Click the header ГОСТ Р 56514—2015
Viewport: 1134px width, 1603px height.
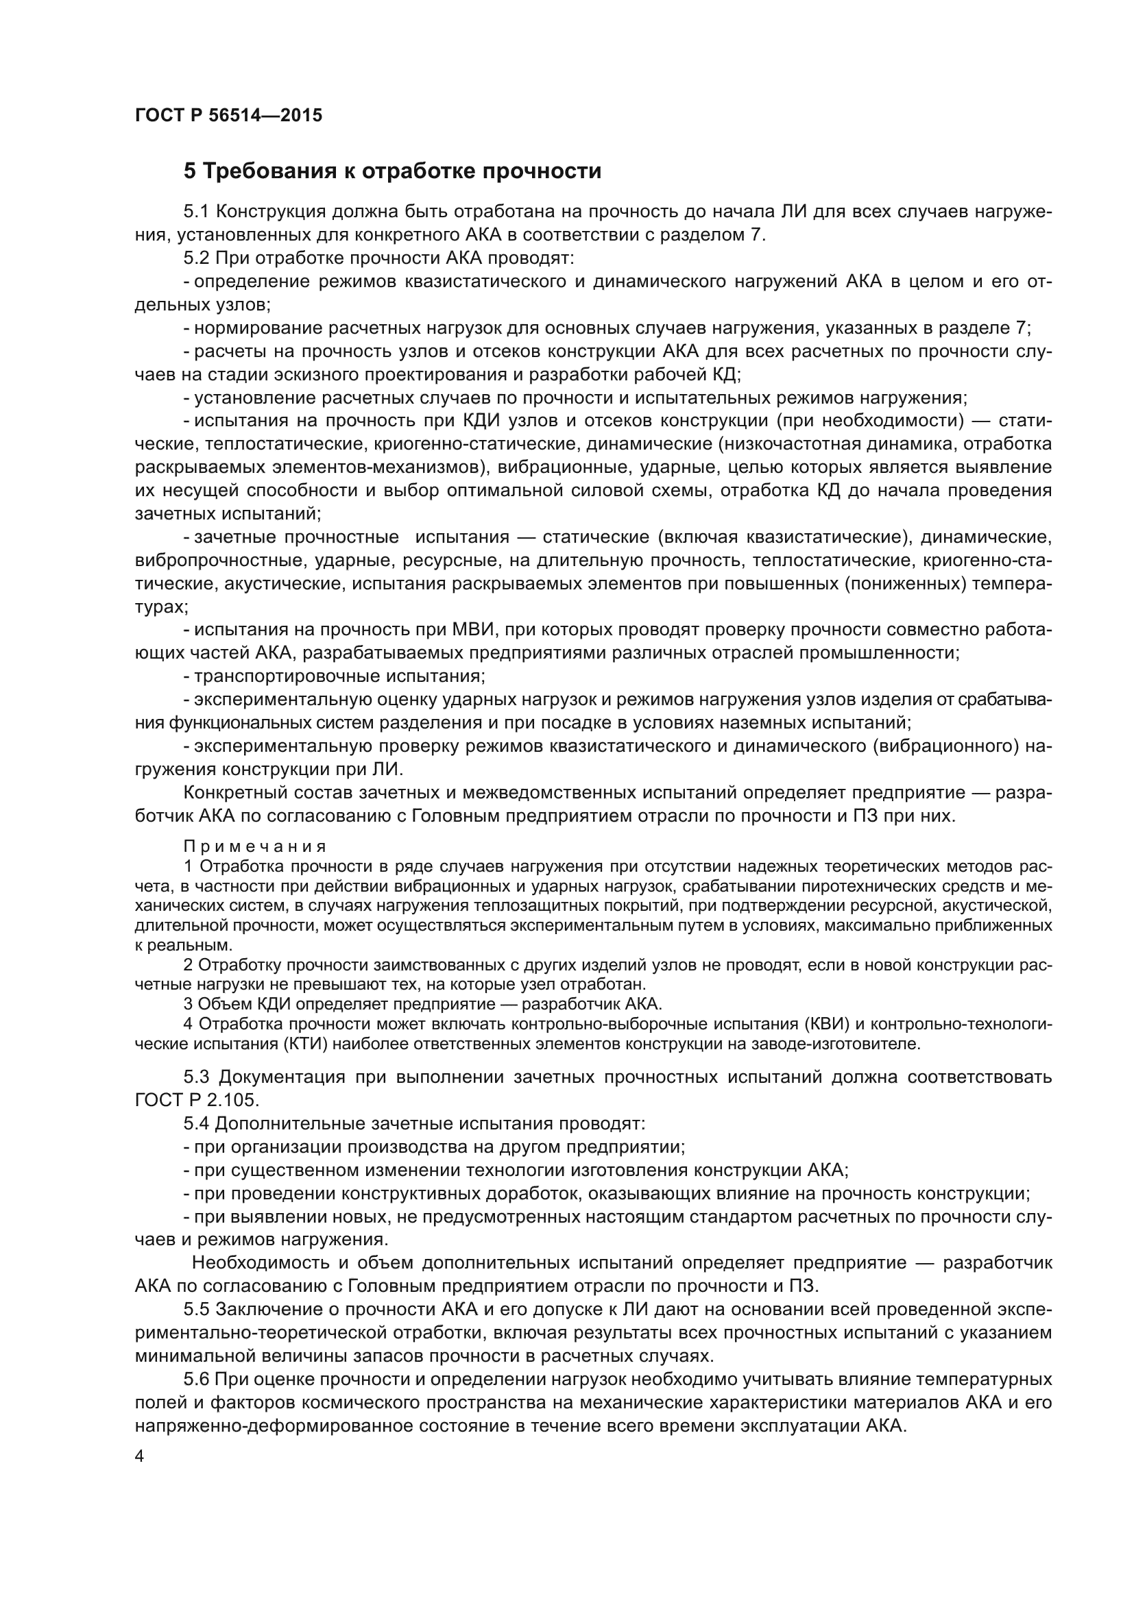tap(228, 115)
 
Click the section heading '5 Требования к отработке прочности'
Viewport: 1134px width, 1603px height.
tap(391, 171)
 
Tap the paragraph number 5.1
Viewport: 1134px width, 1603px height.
tap(196, 212)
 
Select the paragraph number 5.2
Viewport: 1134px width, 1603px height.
tap(196, 258)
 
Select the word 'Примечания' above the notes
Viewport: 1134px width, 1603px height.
tap(255, 847)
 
